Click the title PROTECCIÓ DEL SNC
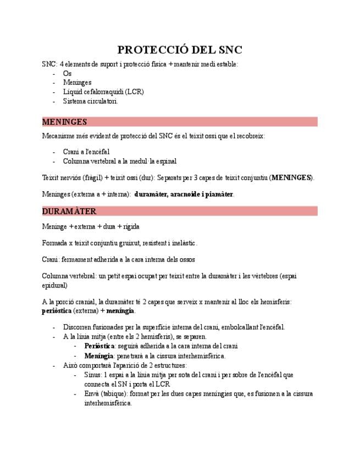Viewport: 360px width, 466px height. point(180,50)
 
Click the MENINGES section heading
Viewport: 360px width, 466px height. point(64,121)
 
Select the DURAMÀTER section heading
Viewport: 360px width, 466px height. point(69,211)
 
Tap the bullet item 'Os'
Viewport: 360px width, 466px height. point(67,74)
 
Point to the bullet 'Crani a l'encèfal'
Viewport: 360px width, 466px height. point(86,152)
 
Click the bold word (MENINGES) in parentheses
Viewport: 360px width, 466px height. point(291,178)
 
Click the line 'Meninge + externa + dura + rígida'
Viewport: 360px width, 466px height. point(91,226)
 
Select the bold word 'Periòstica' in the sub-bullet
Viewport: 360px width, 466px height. point(99,346)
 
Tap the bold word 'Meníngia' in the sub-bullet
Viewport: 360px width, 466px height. point(98,356)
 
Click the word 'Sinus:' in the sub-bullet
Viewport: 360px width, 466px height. point(93,375)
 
